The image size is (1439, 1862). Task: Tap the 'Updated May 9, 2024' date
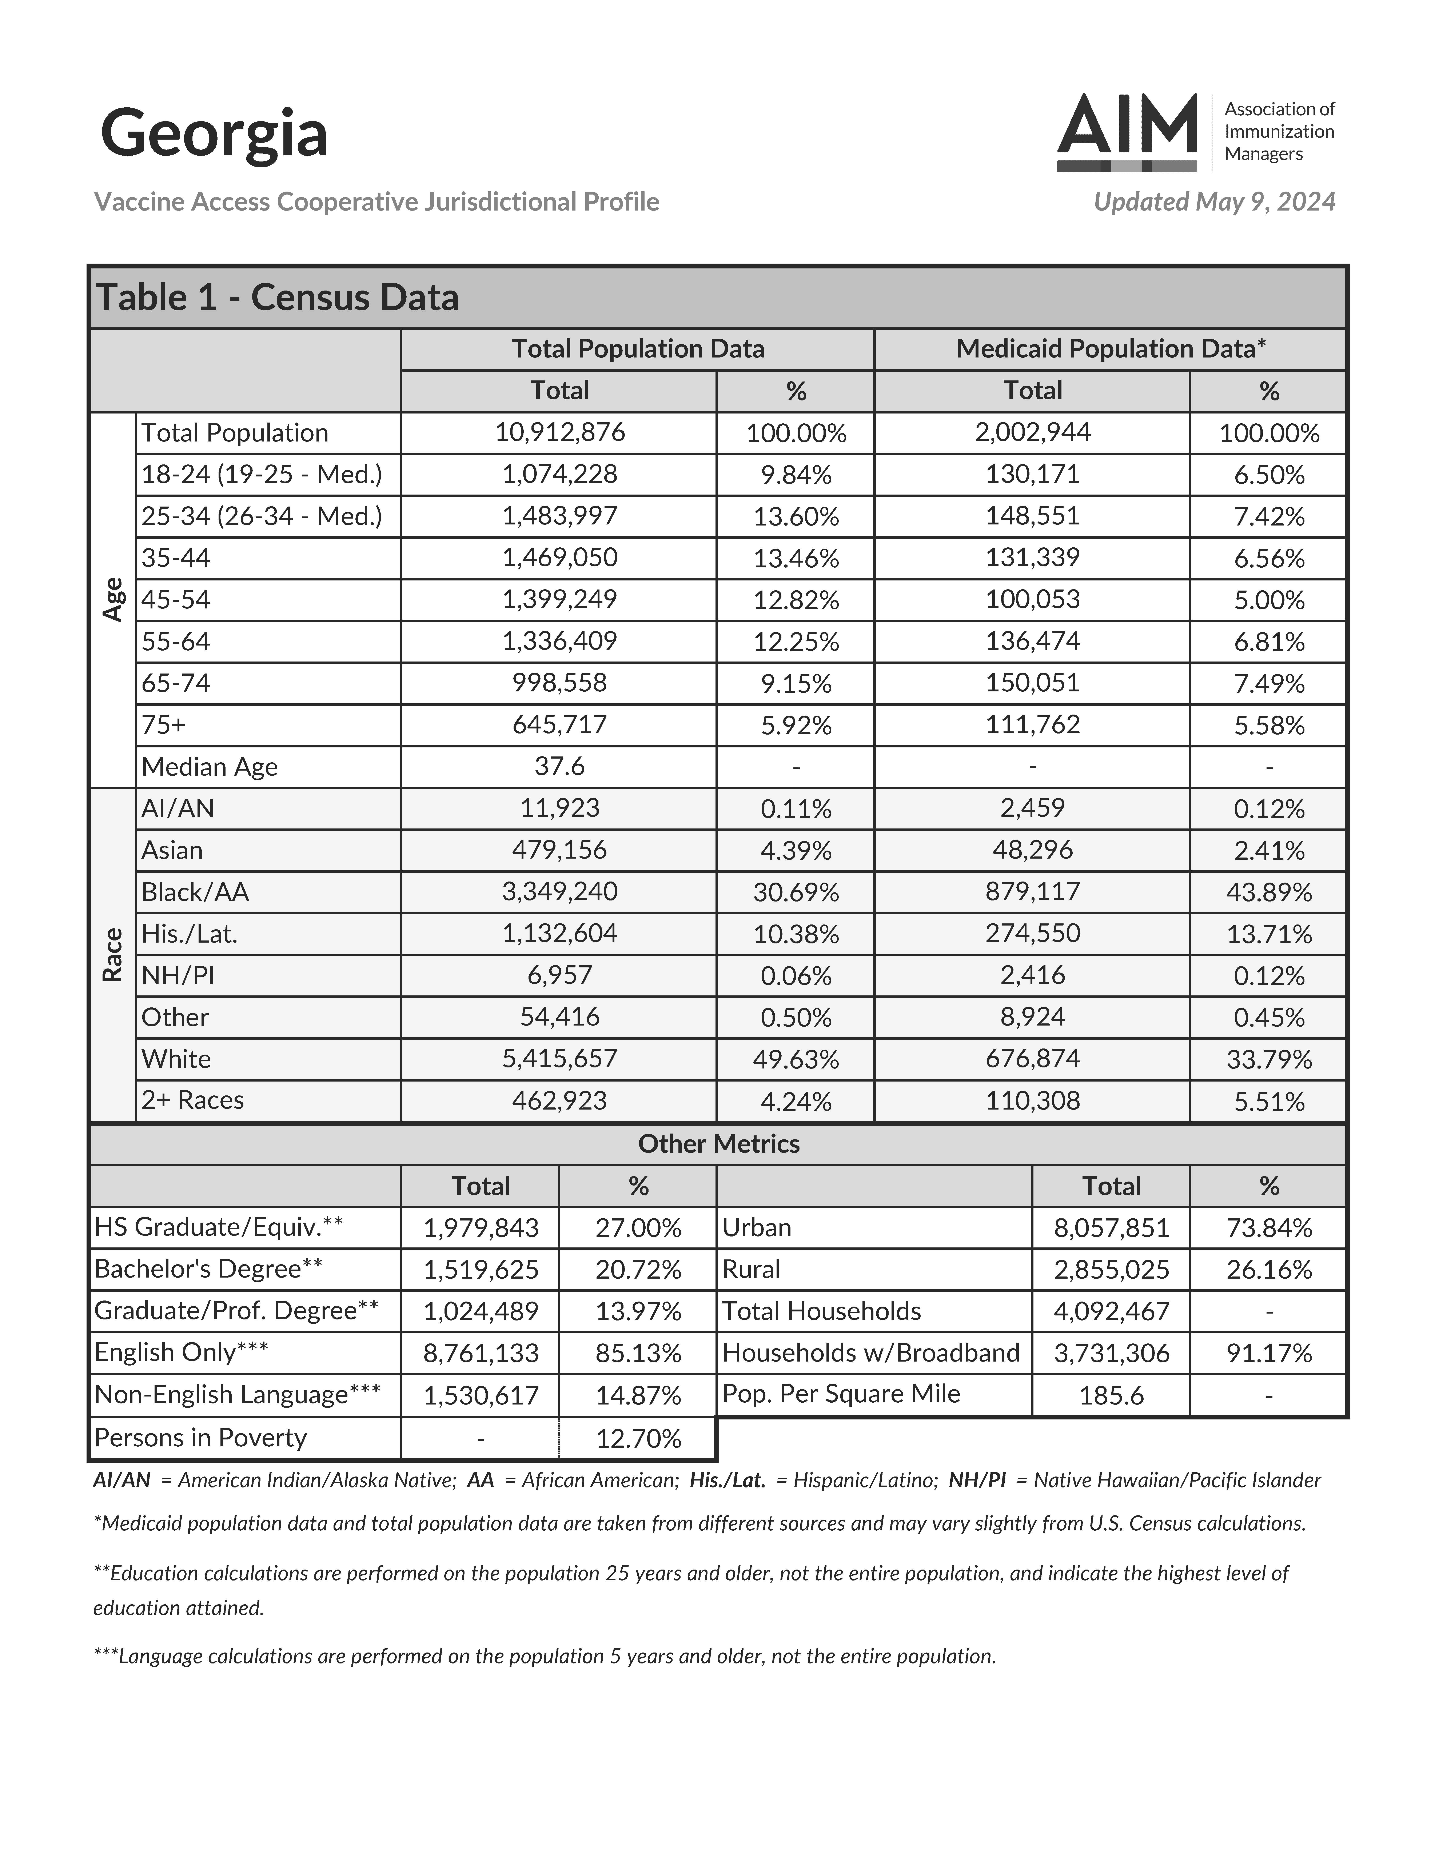(x=1214, y=202)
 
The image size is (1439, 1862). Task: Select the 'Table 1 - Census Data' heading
(x=278, y=297)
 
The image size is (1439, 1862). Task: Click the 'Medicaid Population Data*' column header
(x=1110, y=349)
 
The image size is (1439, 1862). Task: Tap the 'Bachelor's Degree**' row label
(x=209, y=1270)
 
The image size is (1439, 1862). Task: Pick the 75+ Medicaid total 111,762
(x=1032, y=725)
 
